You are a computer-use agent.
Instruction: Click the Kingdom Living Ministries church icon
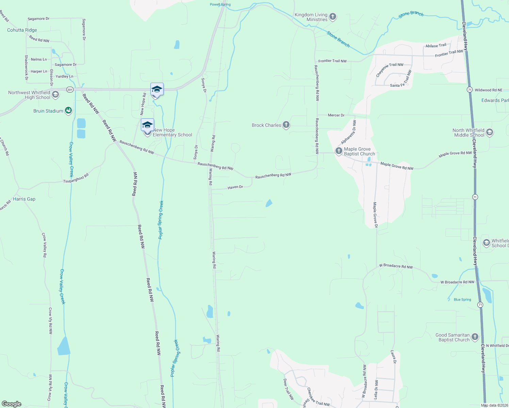click(333, 16)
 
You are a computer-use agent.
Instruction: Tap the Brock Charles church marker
click(286, 125)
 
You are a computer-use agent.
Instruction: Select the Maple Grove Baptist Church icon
click(339, 151)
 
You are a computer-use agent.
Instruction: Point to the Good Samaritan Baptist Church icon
click(475, 337)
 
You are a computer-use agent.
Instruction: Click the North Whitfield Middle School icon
click(490, 132)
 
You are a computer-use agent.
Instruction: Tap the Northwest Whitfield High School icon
click(55, 95)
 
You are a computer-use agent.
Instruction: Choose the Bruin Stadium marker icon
click(68, 111)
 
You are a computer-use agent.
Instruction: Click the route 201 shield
click(70, 90)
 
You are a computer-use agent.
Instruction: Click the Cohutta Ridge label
click(22, 30)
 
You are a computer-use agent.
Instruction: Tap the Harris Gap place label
click(24, 199)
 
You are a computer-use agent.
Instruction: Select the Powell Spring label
click(220, 4)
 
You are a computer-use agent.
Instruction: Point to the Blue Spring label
click(462, 300)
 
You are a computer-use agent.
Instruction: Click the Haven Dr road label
click(235, 187)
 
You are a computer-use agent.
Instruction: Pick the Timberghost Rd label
click(76, 178)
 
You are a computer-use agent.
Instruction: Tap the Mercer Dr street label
click(336, 115)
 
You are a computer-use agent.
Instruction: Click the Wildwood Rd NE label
click(489, 90)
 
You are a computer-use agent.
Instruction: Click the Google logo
click(12, 404)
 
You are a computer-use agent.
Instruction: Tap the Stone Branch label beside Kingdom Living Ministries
click(338, 39)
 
